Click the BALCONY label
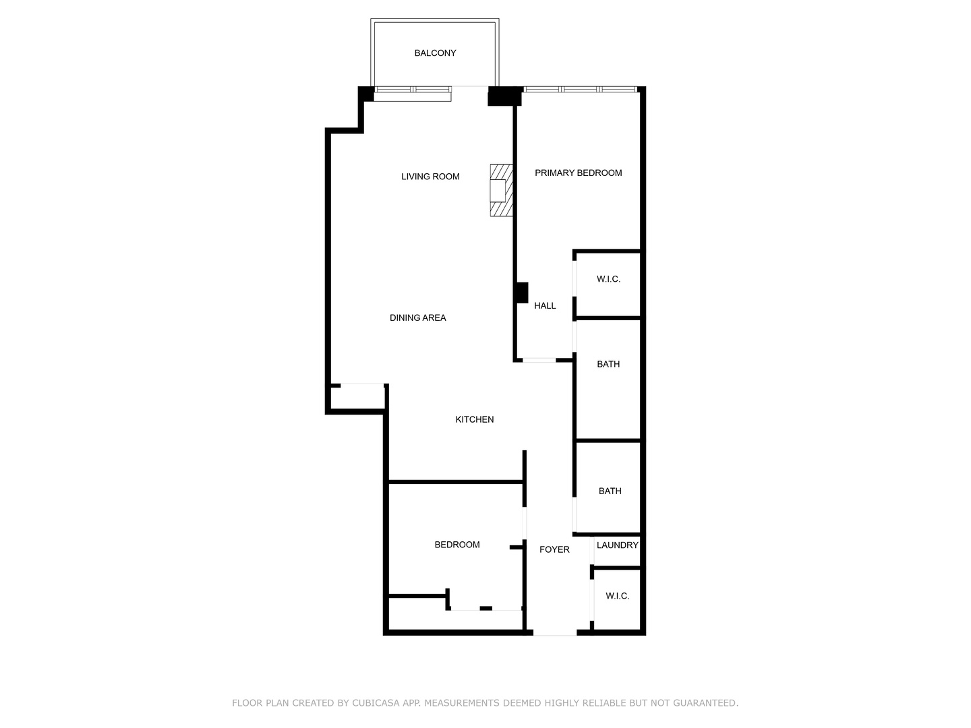pos(435,53)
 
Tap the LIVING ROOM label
pos(430,177)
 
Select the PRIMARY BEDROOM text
pos(578,173)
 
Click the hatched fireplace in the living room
pos(500,191)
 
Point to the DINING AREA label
pos(417,318)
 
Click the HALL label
pos(545,306)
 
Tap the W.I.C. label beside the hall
pos(608,279)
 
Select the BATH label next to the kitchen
pos(608,364)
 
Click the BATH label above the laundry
pos(610,491)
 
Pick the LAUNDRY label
pos(617,545)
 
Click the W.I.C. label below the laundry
pos(617,596)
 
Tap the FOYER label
pos(554,550)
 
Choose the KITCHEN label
pos(475,420)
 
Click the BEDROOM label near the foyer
pos(457,545)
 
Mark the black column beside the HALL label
pos(521,293)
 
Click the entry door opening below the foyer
pos(555,633)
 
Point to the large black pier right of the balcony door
pos(504,96)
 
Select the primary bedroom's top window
pos(580,89)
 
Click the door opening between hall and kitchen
pos(539,361)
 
